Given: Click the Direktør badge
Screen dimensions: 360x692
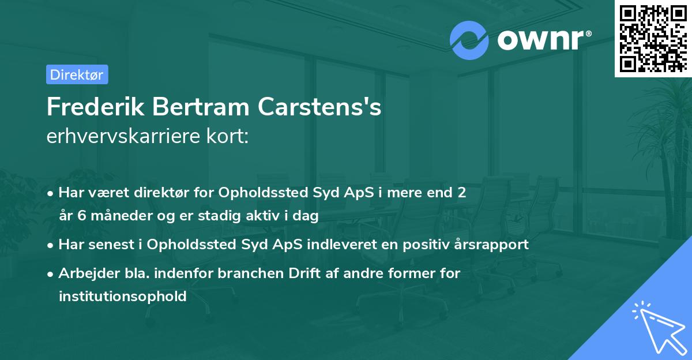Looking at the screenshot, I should click(x=77, y=74).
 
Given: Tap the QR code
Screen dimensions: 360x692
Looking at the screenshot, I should click(x=653, y=39).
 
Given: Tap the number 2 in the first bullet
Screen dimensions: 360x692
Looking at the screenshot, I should click(x=461, y=193).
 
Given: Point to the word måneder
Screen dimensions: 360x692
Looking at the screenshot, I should click(x=114, y=216).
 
